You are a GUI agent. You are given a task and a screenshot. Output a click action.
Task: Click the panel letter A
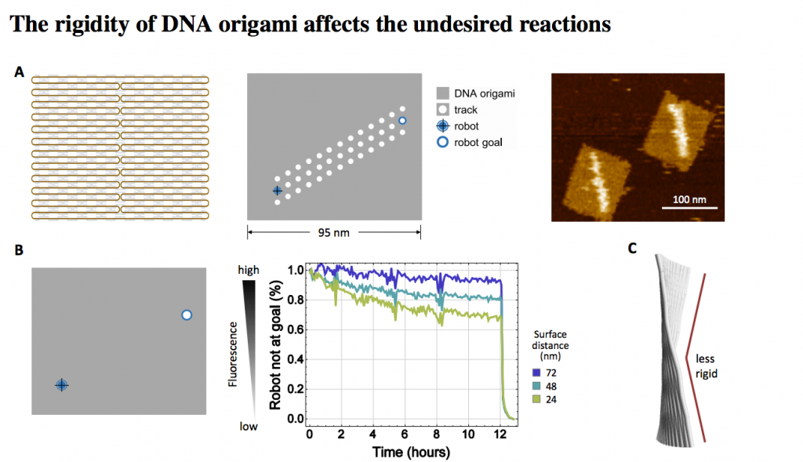(20, 73)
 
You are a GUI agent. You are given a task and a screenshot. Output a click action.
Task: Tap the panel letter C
(632, 249)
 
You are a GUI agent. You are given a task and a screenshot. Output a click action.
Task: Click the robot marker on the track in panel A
(277, 191)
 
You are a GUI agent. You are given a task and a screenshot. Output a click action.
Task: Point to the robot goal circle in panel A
(402, 120)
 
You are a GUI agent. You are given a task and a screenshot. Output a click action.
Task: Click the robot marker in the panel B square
(62, 384)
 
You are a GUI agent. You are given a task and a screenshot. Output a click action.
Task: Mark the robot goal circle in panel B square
(186, 315)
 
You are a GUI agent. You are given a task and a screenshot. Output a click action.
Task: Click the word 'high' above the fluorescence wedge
(248, 270)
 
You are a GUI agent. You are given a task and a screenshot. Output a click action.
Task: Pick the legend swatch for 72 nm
(536, 372)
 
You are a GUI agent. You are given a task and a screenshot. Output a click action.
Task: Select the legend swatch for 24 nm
(536, 399)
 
